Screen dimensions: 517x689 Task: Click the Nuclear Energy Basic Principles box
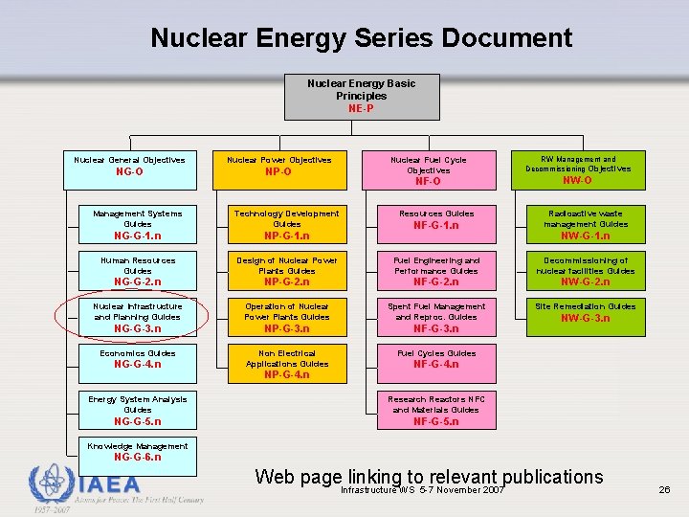coord(362,97)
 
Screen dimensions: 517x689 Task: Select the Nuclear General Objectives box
coord(129,167)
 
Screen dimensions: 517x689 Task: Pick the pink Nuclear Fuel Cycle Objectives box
coord(428,169)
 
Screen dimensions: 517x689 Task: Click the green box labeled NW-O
coord(578,169)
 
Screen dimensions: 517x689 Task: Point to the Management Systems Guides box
coord(138,224)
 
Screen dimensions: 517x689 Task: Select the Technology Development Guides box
coord(286,224)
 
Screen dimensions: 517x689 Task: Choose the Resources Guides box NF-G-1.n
coord(436,224)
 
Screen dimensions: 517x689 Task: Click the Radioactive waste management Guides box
coord(585,224)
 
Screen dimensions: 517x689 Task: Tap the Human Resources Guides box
coord(138,271)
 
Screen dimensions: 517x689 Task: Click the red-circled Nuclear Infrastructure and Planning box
coord(137,317)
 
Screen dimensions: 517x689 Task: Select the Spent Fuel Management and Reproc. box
coord(436,317)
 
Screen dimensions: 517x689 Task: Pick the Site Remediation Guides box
coord(585,317)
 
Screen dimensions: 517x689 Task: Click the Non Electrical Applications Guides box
coord(286,364)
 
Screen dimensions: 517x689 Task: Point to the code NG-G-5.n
coord(138,421)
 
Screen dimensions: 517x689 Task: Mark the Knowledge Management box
coord(138,452)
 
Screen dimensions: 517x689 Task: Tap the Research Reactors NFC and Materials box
coord(436,410)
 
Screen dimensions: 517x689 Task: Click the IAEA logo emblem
coord(51,485)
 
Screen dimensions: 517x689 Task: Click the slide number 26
coord(664,490)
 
